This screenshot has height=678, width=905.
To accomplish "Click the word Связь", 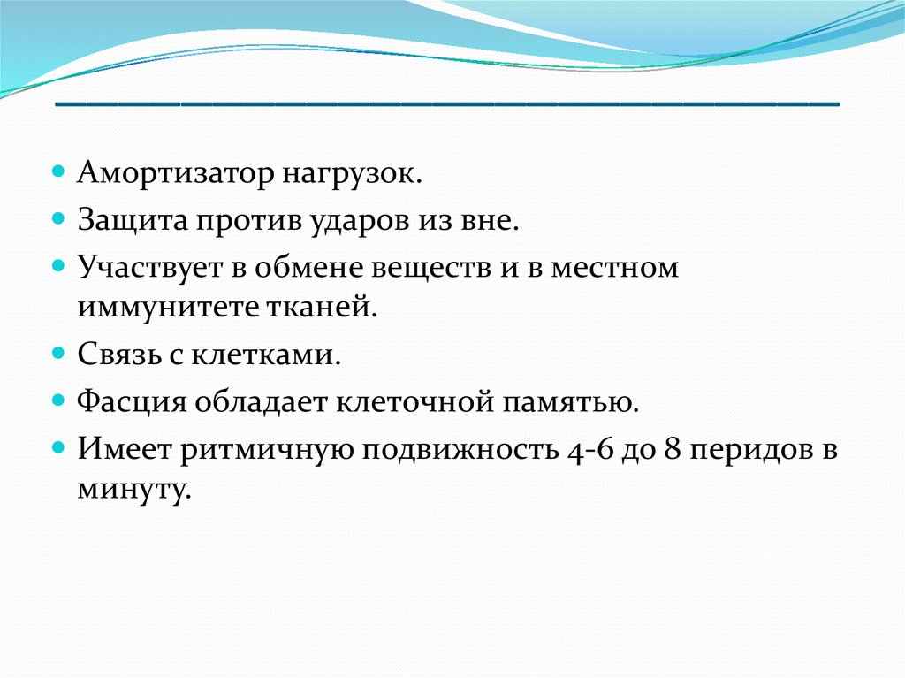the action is click(x=119, y=354).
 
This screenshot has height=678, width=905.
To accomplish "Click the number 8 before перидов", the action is click(x=673, y=450).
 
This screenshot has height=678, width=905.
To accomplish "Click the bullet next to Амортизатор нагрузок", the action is click(x=57, y=172).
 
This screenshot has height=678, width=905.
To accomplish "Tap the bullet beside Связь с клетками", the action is click(x=57, y=352).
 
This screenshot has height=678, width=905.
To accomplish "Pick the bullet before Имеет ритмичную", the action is click(x=57, y=447).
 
